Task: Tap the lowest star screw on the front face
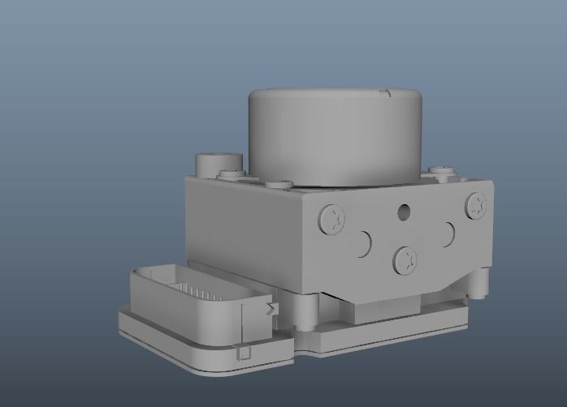(405, 259)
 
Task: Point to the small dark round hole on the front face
(404, 213)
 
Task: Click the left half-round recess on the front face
(363, 242)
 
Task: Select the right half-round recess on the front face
(446, 235)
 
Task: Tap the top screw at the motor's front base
(278, 183)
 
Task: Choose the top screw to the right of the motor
(442, 170)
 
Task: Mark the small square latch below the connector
(242, 353)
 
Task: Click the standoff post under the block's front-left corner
(311, 312)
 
